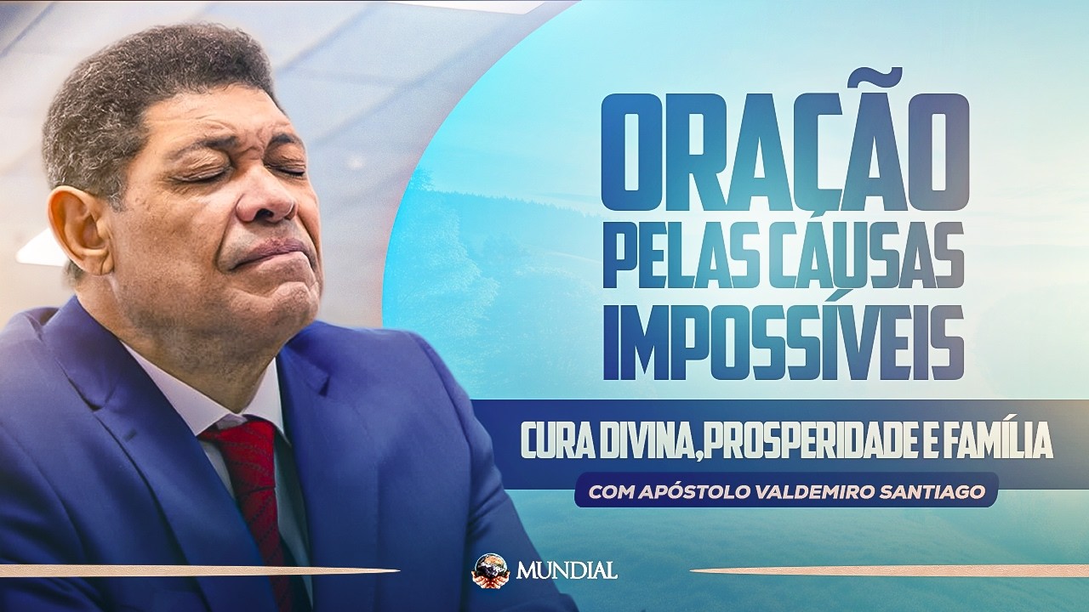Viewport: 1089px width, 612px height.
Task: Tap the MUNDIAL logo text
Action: (565, 569)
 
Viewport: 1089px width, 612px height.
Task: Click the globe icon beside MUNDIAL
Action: (489, 569)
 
